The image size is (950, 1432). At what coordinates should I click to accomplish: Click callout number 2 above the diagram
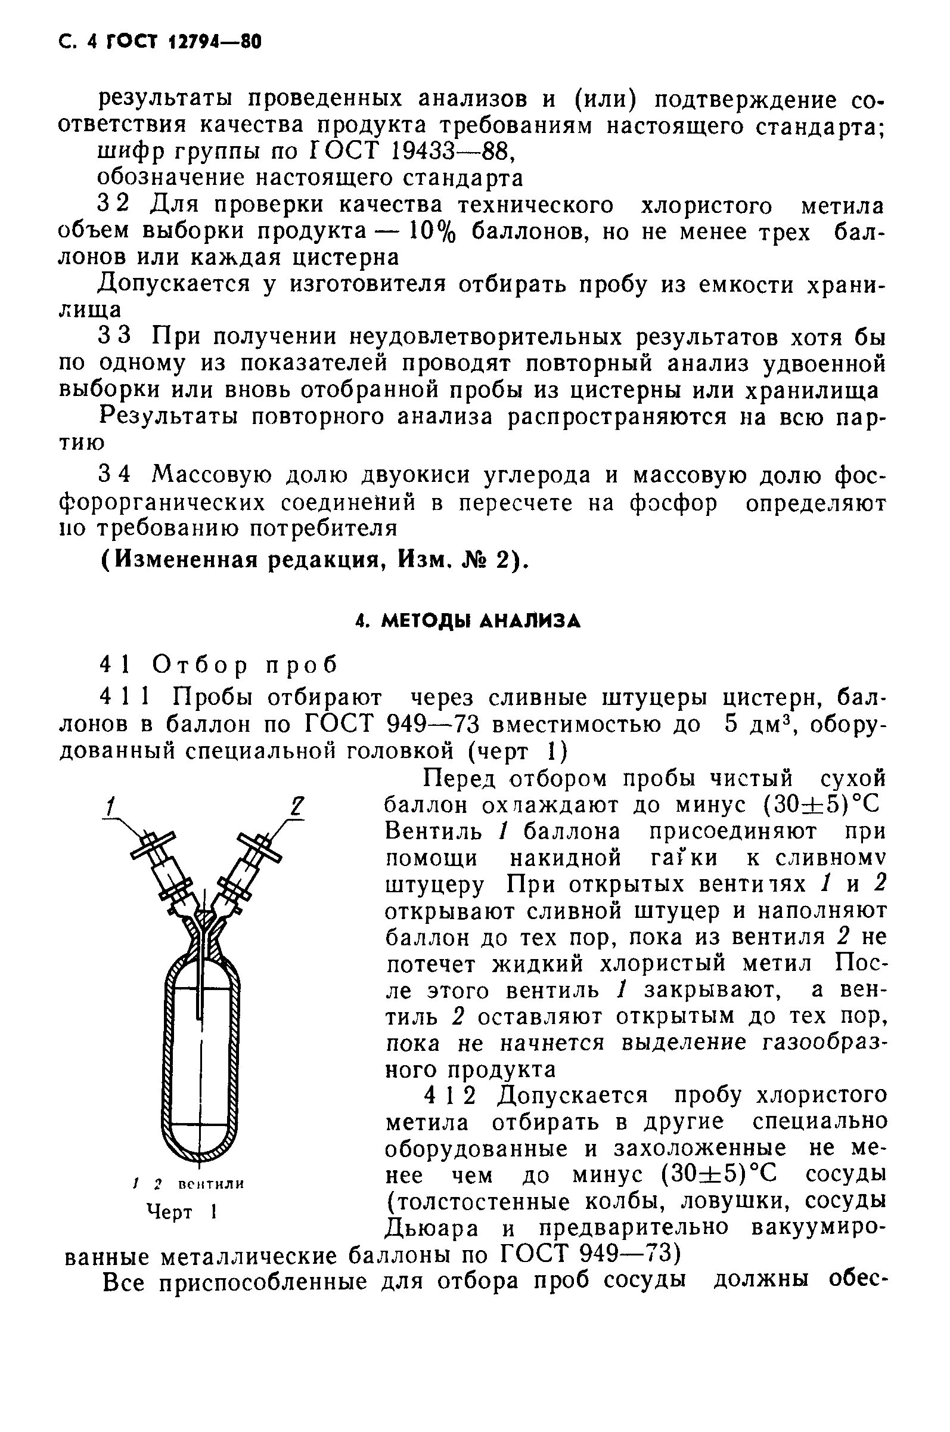(x=295, y=807)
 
